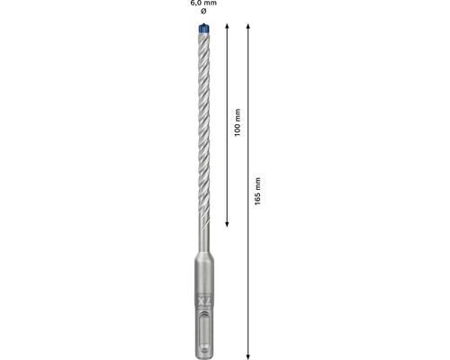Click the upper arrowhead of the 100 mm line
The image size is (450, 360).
click(x=227, y=31)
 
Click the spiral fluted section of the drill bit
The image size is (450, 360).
click(x=201, y=126)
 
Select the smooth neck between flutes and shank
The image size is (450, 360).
click(x=202, y=238)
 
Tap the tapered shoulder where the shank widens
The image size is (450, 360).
click(x=202, y=257)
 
